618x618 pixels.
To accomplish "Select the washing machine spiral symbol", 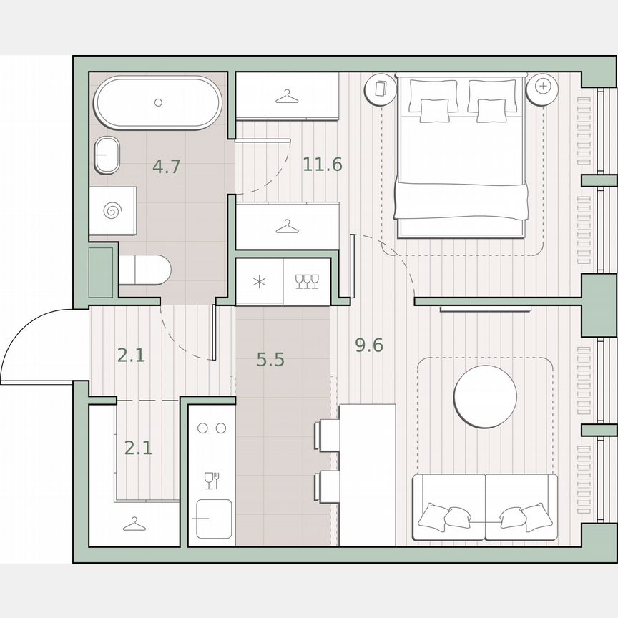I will point(112,210).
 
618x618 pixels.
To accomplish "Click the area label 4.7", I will point(166,167).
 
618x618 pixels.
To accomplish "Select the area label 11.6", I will point(322,165).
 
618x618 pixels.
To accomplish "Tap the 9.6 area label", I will point(369,345).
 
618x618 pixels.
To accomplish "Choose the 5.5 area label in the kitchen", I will point(270,359).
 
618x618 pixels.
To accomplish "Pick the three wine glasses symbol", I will point(307,281).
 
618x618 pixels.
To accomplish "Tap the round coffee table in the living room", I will point(485,397).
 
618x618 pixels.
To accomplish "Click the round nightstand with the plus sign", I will point(543,87).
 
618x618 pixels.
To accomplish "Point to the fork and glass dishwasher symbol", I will point(211,480).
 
